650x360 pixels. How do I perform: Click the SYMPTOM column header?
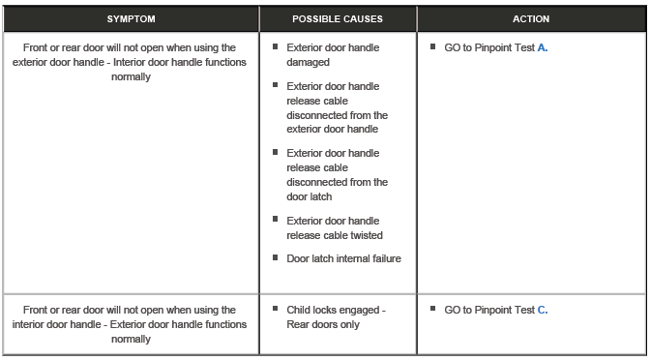[x=131, y=18]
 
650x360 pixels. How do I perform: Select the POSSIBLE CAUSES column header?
[x=337, y=18]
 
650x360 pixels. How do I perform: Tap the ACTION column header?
[x=531, y=18]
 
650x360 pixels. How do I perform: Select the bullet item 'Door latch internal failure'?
[x=343, y=258]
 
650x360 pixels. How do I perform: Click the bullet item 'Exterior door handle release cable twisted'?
[x=334, y=227]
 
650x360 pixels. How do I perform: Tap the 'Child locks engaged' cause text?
[x=336, y=311]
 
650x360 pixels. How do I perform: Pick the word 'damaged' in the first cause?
[x=309, y=62]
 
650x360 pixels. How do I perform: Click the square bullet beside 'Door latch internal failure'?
[x=277, y=257]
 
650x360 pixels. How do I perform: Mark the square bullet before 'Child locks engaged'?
[x=277, y=310]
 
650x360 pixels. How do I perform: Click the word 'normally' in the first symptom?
[x=132, y=76]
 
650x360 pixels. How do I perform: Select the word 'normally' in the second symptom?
[x=132, y=340]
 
